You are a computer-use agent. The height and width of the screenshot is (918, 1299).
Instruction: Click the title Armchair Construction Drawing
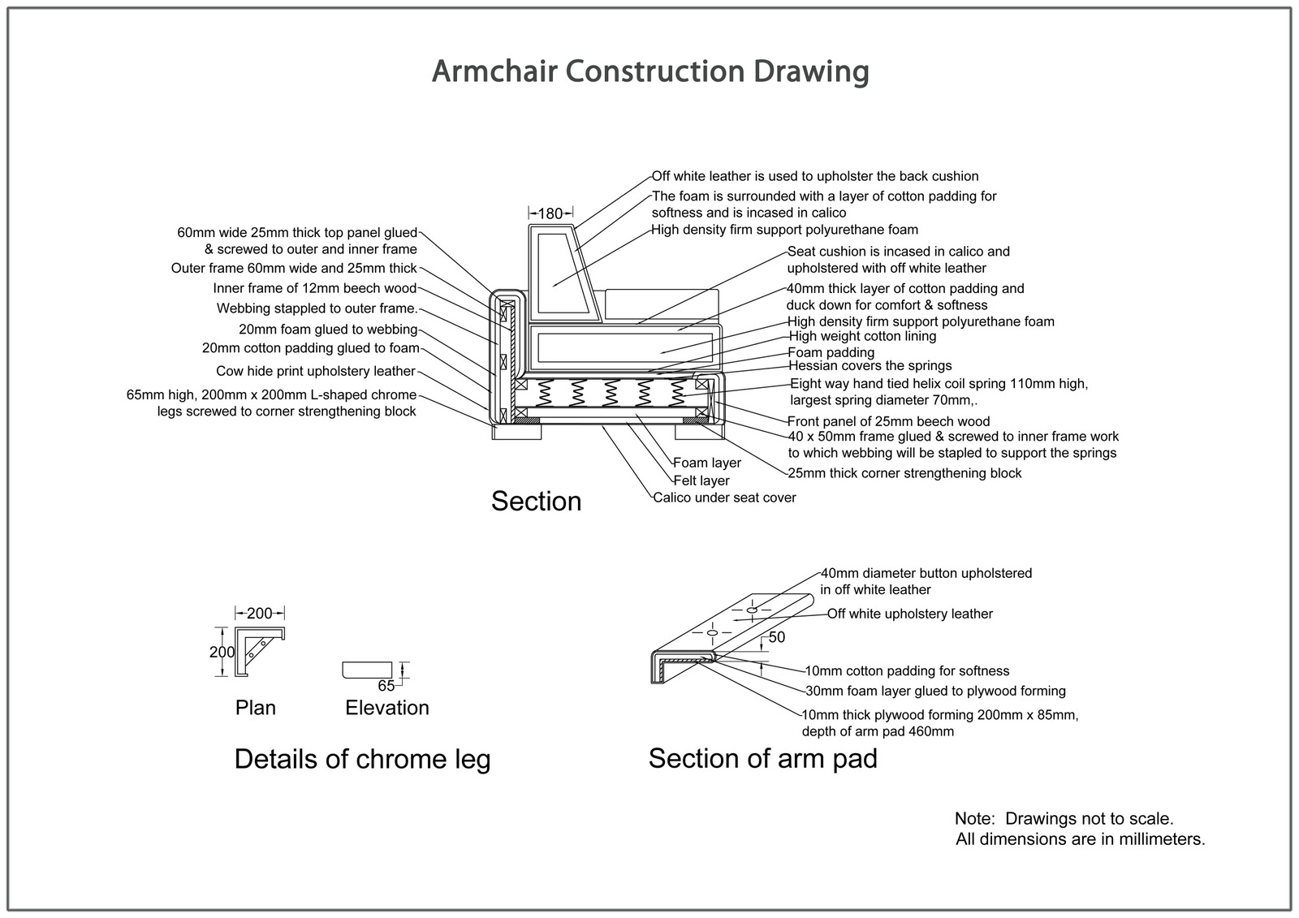point(649,71)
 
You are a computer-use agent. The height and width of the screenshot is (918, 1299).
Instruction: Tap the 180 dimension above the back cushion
point(550,213)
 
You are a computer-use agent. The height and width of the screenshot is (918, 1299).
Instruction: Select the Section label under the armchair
point(536,501)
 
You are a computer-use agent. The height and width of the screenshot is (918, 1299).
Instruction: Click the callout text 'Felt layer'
point(701,481)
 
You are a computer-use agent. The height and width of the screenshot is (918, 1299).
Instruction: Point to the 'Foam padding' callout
point(831,352)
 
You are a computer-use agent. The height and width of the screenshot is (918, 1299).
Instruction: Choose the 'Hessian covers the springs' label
point(870,365)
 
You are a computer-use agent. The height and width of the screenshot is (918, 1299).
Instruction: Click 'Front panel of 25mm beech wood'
point(888,421)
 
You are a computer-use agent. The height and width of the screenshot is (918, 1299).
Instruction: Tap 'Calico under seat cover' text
point(724,498)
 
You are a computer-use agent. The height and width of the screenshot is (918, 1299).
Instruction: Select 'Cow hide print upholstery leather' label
point(316,371)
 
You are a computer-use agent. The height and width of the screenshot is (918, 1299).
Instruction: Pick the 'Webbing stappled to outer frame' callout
point(317,308)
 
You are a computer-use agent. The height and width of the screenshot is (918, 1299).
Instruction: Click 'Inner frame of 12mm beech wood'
point(315,288)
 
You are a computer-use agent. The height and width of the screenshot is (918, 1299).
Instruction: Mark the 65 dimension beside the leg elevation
point(386,686)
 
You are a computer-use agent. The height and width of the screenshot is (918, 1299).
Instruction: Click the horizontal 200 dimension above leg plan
point(260,614)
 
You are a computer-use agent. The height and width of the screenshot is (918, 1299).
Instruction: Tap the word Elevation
point(387,708)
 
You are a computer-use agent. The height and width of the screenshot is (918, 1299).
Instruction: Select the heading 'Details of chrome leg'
point(362,760)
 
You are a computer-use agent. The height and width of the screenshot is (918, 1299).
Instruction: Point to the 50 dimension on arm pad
point(777,638)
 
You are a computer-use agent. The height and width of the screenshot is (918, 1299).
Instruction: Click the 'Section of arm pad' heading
point(762,759)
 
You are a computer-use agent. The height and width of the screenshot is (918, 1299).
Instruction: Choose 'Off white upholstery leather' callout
point(910,614)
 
